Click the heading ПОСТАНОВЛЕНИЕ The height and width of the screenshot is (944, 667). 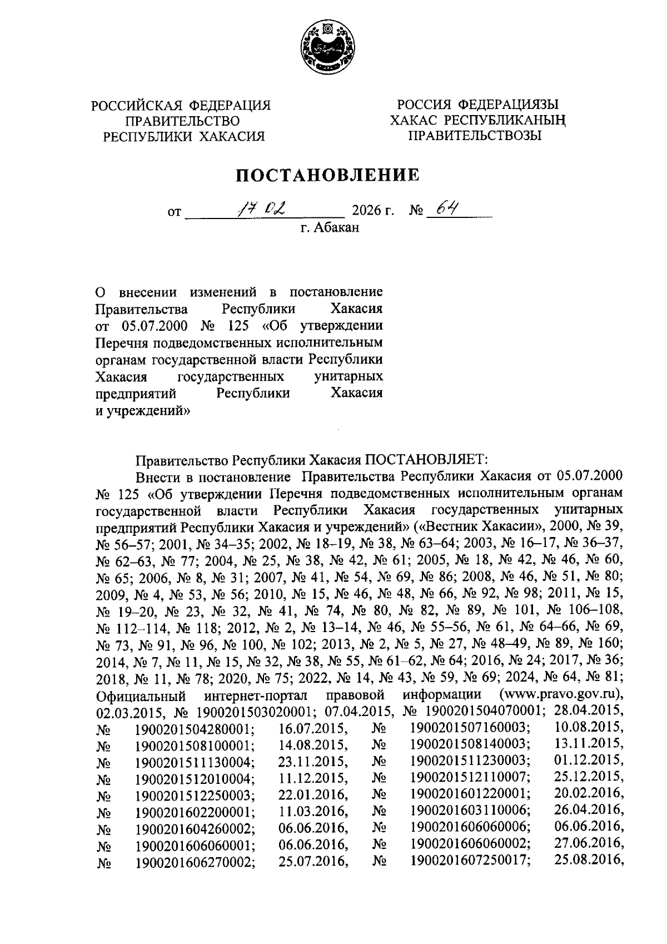(x=327, y=176)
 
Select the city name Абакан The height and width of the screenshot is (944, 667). (x=337, y=227)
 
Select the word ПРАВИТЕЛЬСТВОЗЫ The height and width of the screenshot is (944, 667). (x=475, y=136)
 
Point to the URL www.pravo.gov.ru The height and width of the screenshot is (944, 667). (x=561, y=695)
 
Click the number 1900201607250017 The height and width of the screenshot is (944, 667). (x=470, y=861)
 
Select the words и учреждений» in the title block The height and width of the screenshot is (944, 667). (x=143, y=411)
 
